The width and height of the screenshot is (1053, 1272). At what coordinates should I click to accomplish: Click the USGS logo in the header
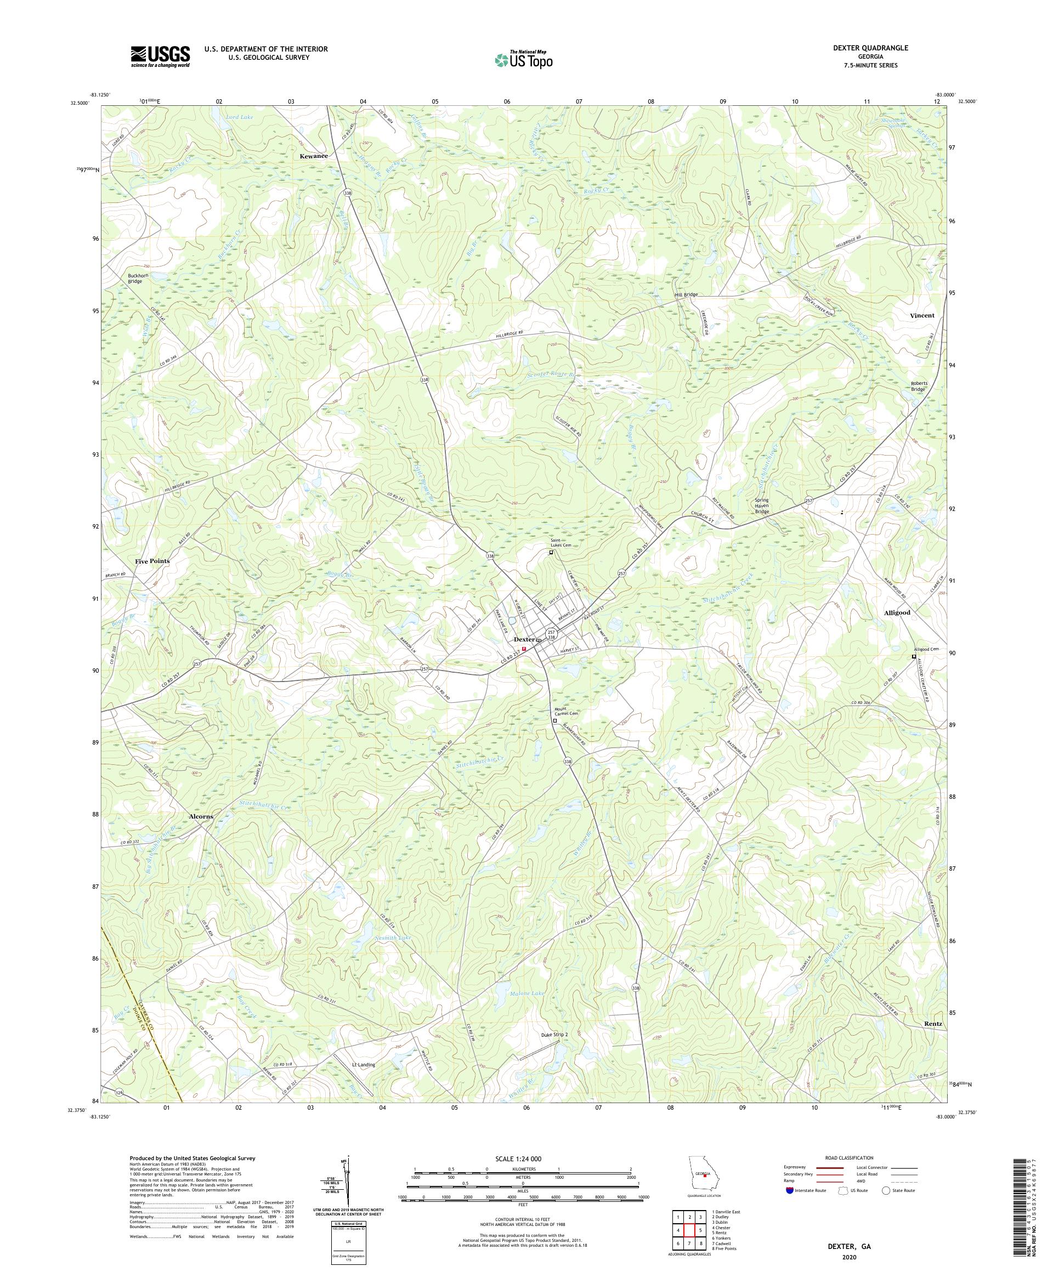(160, 57)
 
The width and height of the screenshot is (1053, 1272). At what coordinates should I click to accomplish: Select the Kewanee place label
(313, 156)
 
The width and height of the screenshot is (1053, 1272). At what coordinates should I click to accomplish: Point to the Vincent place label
(922, 316)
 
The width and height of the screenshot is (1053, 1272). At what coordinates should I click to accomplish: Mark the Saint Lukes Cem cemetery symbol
(551, 553)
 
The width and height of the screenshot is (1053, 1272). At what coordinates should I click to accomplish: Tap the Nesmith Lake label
(393, 938)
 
